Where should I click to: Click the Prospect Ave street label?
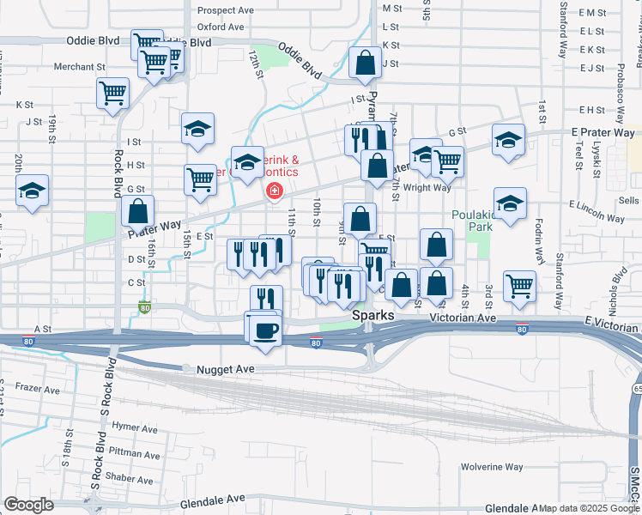(x=226, y=11)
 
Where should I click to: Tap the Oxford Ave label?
(x=221, y=27)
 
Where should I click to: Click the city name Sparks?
(x=373, y=316)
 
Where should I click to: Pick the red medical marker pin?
(x=274, y=191)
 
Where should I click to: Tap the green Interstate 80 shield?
(x=144, y=308)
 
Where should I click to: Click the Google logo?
(x=28, y=505)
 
